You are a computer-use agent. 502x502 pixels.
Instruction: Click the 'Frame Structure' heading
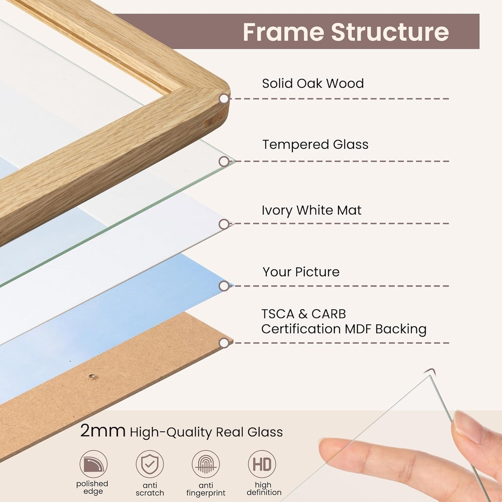[345, 32]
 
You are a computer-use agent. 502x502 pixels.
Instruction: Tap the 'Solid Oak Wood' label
[313, 84]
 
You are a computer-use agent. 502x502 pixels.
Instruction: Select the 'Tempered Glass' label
[315, 145]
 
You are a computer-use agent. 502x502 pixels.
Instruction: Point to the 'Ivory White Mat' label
[311, 210]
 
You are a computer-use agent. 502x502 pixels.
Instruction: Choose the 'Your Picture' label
[301, 272]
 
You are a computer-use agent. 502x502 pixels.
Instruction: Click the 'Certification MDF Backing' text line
[344, 329]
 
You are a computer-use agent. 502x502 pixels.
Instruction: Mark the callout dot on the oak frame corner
[224, 99]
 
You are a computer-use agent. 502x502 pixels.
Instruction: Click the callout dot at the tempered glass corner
[224, 161]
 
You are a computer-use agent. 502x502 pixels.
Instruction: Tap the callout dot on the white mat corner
[224, 224]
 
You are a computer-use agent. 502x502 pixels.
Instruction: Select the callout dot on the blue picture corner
[224, 286]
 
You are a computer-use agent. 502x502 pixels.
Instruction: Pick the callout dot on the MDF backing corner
[224, 343]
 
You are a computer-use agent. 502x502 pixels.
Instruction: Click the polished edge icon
[93, 464]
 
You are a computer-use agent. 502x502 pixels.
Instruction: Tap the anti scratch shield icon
[150, 464]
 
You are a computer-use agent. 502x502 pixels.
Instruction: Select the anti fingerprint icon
[206, 464]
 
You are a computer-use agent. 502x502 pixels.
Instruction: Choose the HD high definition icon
[262, 464]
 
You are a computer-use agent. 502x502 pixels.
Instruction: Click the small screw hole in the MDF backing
[92, 376]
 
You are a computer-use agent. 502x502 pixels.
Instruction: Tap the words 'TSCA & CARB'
[304, 314]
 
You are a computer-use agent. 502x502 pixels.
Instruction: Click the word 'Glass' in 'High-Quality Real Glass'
[265, 432]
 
